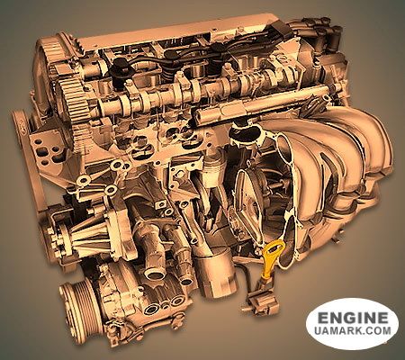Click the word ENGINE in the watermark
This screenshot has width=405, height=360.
[353, 318]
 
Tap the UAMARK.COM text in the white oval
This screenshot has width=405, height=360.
[353, 330]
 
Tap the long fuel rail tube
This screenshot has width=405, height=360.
[264, 102]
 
